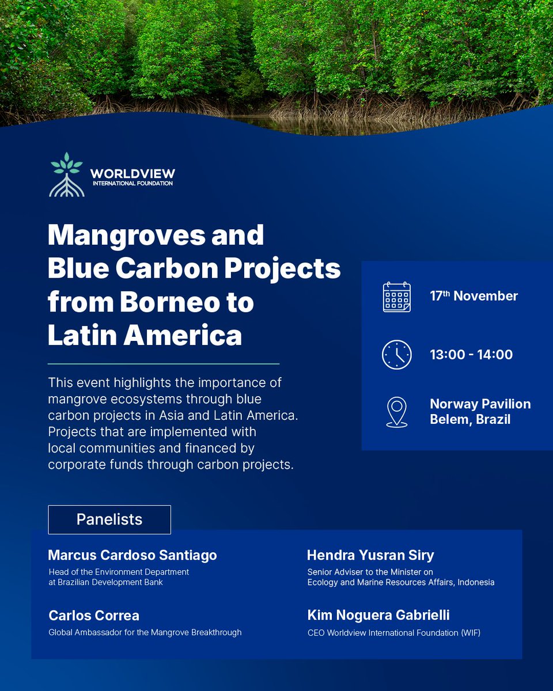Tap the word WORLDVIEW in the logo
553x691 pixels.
coord(132,173)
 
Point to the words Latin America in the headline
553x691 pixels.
coord(145,336)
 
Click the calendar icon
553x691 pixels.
coord(397,297)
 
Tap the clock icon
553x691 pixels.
coord(397,355)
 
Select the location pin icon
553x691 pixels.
coord(397,411)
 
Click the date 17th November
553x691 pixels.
coord(474,296)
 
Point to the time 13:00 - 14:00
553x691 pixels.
coord(471,355)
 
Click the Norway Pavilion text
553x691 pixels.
coord(480,404)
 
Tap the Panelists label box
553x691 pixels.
coord(109,519)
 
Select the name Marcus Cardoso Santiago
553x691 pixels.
coord(132,555)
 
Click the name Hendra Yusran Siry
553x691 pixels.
coord(370,555)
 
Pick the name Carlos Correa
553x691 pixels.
coord(94,616)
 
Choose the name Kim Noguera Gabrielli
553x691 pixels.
coord(378,616)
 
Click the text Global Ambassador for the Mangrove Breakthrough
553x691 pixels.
coord(145,632)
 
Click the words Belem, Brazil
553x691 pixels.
coord(470,419)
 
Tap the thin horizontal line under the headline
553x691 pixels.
coord(164,364)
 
